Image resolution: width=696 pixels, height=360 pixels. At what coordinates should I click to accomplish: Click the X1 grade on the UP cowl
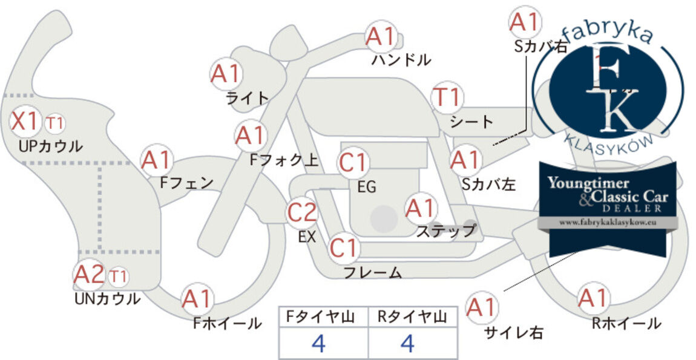[x=24, y=121]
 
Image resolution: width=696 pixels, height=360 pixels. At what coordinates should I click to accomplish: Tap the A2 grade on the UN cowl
[x=89, y=275]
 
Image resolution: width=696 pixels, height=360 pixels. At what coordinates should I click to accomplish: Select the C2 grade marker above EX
[x=302, y=212]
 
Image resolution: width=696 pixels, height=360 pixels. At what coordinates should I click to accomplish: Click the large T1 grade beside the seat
[x=447, y=97]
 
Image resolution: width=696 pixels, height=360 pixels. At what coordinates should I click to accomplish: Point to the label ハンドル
[x=401, y=59]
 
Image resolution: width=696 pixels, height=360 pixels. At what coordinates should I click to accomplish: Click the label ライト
[x=248, y=98]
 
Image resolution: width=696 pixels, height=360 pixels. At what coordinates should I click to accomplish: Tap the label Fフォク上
[x=284, y=159]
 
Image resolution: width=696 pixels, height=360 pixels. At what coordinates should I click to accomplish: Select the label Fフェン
[x=186, y=183]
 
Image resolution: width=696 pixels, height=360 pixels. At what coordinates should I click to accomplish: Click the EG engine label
[x=367, y=188]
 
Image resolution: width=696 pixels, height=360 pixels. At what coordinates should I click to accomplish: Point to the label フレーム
[x=373, y=272]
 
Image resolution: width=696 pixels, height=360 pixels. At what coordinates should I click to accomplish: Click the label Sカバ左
[x=488, y=184]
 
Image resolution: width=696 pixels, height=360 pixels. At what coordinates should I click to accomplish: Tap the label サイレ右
[x=514, y=333]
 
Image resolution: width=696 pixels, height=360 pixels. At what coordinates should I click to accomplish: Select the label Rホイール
[x=626, y=323]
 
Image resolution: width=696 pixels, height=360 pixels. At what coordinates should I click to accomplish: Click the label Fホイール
[x=227, y=323]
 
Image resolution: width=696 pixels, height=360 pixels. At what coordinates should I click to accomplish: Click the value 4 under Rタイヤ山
[x=407, y=343]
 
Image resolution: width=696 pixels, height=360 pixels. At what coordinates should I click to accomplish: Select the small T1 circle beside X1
[x=54, y=123]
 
